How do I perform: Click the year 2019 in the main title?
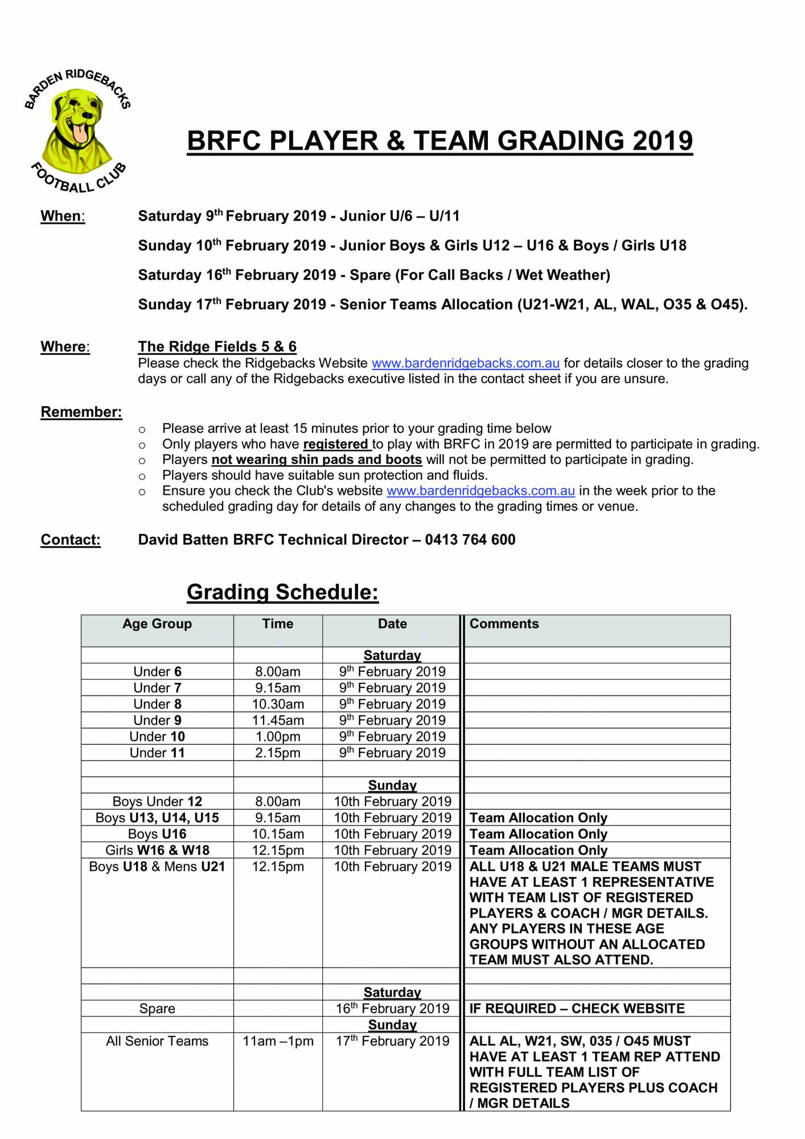coord(662,141)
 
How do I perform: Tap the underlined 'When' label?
coord(62,216)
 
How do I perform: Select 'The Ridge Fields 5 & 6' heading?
coord(217,346)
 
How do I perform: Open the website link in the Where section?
coord(465,363)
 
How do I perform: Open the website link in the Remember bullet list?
coord(480,491)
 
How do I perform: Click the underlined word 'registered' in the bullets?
coord(336,444)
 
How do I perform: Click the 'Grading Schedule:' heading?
coord(282,592)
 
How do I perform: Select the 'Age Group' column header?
coord(157,624)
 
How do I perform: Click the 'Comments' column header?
coord(504,624)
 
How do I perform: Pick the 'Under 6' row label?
coord(157,672)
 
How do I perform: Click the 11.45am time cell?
coord(278,720)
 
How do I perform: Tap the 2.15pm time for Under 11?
coord(278,753)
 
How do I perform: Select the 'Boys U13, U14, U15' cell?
coord(157,818)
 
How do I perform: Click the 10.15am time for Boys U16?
coord(278,834)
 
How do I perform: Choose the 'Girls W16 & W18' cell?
coord(157,851)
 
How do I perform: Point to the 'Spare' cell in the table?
coord(157,1009)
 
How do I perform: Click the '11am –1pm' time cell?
coord(278,1042)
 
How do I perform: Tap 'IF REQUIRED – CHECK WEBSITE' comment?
coord(577,1009)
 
